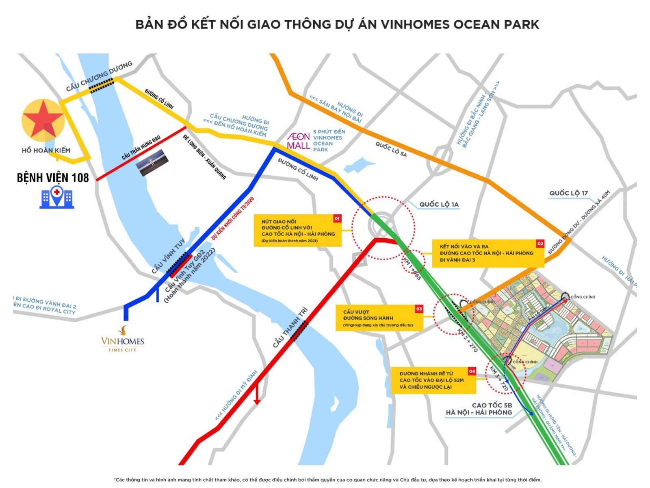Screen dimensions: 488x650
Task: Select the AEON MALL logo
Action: pos(299,141)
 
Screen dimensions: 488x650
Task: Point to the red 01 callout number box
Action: pos(337,219)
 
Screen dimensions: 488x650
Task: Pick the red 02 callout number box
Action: pos(540,244)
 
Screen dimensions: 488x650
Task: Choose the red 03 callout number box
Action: pos(419,309)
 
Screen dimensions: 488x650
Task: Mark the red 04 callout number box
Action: pos(472,371)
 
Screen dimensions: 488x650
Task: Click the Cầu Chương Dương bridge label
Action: pos(99,76)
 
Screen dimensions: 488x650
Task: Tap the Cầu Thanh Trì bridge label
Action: pos(290,328)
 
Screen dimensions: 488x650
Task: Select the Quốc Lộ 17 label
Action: pos(568,193)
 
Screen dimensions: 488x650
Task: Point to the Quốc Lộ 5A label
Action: pos(390,150)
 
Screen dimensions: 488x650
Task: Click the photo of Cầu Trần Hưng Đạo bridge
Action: pos(152,162)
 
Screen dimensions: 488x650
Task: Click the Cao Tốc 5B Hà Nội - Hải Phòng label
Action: pos(479,409)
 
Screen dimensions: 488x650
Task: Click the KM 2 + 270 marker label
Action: pos(468,341)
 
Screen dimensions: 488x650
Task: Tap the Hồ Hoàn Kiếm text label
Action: pos(46,150)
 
